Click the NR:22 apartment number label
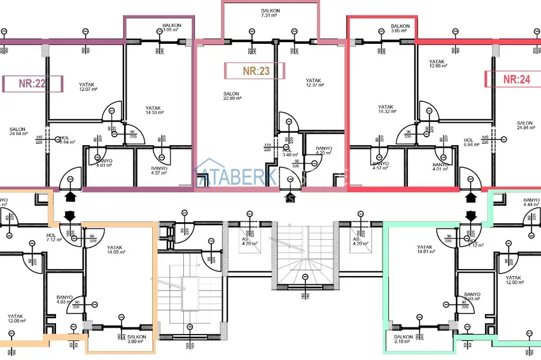point(32,83)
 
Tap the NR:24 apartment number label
point(516,79)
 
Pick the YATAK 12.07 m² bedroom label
point(88,87)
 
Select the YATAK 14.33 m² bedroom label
point(153,110)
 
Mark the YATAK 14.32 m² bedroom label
point(386,109)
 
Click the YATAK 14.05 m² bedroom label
point(115,250)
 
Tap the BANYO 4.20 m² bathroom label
point(324,151)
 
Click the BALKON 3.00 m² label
point(136,339)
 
